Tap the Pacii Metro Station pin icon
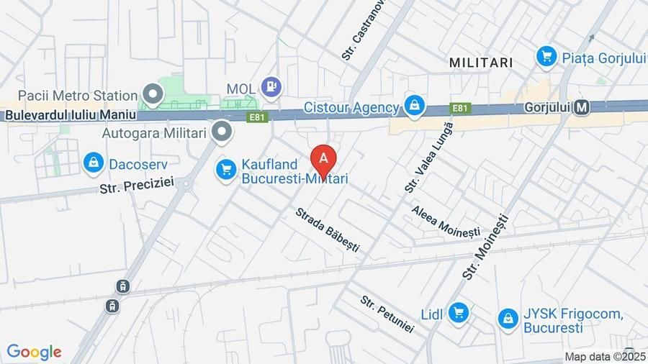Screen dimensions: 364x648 (153, 94)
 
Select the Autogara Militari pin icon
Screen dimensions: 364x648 (223, 132)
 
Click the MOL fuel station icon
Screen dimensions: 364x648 (271, 88)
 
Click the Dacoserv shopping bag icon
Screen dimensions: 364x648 (94, 163)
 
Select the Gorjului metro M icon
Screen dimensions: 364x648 (582, 108)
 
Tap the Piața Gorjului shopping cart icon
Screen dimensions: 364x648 (546, 55)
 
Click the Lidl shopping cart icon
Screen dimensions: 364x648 (457, 313)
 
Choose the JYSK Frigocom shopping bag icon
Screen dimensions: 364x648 (508, 319)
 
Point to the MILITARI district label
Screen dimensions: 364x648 (481, 63)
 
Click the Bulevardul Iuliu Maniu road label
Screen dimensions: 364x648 (70, 114)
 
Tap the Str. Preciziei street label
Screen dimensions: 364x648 (137, 185)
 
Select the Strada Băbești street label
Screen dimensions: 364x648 (327, 230)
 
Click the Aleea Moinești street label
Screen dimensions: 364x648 (446, 222)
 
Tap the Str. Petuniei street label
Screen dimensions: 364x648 (387, 314)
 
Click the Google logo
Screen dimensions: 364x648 (34, 352)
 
